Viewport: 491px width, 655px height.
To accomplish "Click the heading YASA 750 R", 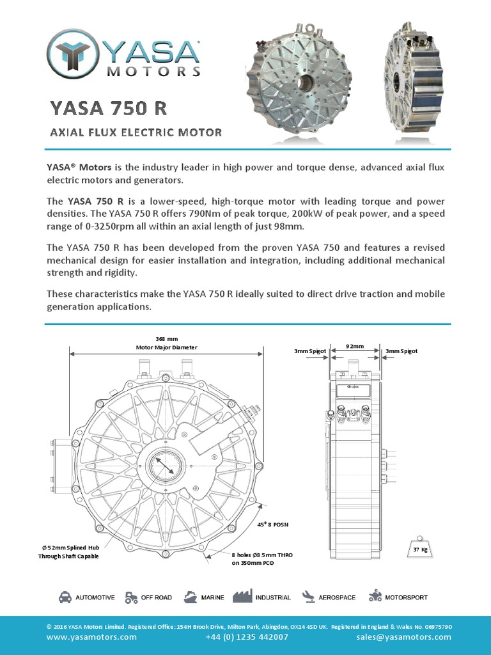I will tap(109, 107).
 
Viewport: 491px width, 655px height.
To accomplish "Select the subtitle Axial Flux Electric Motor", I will tap(136, 132).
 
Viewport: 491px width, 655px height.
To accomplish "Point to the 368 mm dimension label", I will tap(166, 338).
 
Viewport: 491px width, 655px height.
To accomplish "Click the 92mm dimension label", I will tap(355, 346).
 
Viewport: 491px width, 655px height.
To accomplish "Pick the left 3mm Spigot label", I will tap(311, 351).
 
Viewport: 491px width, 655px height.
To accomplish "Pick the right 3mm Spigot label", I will tap(401, 351).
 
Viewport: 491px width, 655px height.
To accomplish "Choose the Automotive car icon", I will tap(65, 597).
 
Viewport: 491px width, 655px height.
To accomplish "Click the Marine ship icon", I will tap(190, 597).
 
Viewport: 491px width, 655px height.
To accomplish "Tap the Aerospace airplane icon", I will tap(309, 597).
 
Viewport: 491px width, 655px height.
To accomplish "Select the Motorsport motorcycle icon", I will tap(375, 597).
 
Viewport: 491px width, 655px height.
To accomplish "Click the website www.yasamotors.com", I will tap(91, 637).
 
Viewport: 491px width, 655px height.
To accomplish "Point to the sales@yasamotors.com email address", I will tap(404, 637).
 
